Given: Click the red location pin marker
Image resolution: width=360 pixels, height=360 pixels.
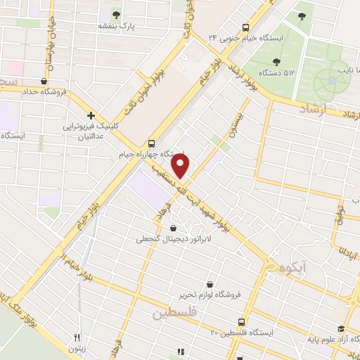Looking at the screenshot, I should (x=181, y=167).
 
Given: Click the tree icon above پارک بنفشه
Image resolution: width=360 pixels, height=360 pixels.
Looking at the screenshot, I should (x=117, y=14).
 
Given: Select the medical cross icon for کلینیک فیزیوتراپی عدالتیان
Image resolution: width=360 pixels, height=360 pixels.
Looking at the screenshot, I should (x=91, y=115).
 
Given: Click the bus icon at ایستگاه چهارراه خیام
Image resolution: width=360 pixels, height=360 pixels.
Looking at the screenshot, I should (x=153, y=141).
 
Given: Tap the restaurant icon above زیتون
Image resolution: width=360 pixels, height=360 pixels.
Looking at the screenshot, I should (x=78, y=337).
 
